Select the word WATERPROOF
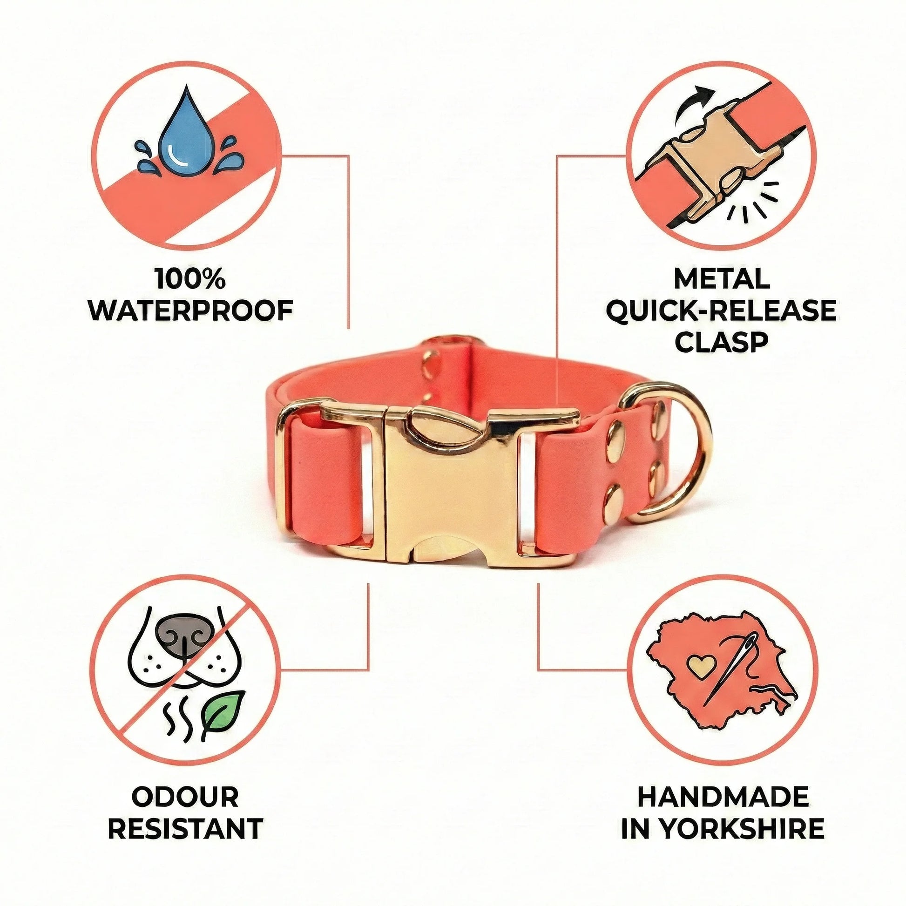pos(191,310)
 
